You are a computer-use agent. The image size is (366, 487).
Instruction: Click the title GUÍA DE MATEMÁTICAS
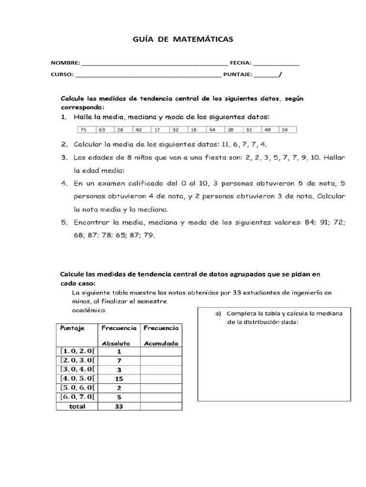(x=183, y=39)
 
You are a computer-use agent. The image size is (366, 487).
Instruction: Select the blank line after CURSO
(x=148, y=75)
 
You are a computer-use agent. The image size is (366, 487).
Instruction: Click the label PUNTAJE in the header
(x=237, y=75)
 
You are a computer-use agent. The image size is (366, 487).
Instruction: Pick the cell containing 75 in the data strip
(x=83, y=129)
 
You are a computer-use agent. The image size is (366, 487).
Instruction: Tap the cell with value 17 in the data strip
(x=157, y=129)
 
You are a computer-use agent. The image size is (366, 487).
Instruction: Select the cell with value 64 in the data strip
(x=212, y=129)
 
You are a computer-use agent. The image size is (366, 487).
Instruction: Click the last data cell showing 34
(x=285, y=129)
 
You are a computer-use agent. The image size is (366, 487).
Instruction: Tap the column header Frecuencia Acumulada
(x=161, y=335)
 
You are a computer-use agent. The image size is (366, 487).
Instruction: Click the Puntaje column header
(x=72, y=328)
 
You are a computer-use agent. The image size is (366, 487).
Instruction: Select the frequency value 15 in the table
(x=119, y=379)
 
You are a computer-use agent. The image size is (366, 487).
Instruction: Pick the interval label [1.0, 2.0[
(x=77, y=351)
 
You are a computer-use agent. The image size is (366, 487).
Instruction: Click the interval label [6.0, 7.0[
(x=77, y=397)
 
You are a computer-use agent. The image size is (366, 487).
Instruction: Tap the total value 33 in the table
(x=119, y=406)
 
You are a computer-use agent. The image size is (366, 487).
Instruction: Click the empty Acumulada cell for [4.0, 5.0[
(x=161, y=379)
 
